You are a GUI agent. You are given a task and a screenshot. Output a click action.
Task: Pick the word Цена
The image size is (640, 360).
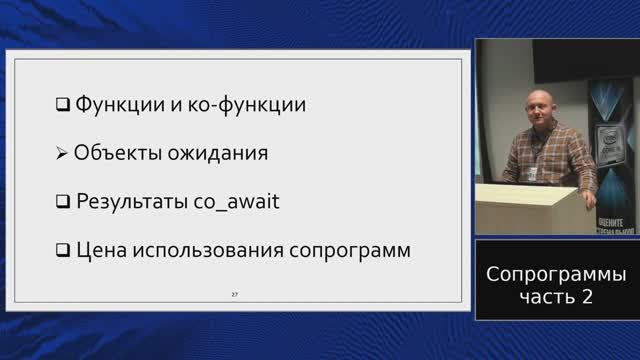(x=99, y=250)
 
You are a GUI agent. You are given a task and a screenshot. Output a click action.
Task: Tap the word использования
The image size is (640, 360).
(x=206, y=250)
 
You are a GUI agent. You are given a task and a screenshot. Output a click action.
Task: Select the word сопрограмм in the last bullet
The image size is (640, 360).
(x=349, y=250)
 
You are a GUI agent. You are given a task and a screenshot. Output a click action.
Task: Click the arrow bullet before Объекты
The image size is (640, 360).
(x=62, y=154)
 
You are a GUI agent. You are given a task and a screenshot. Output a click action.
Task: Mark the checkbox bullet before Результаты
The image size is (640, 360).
(x=62, y=202)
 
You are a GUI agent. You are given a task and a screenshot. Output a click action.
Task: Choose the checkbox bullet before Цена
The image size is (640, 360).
(x=62, y=250)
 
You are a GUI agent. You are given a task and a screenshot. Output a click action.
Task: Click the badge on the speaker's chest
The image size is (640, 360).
(x=538, y=172)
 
